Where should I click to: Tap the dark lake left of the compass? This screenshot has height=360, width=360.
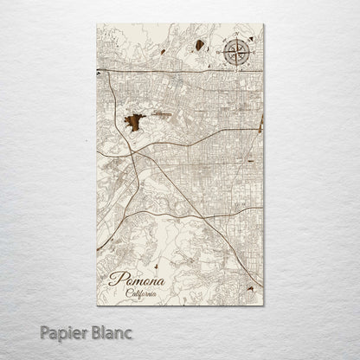click(199, 45)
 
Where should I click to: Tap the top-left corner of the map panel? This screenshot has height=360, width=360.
click(97, 24)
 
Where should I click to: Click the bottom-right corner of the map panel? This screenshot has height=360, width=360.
click(264, 305)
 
